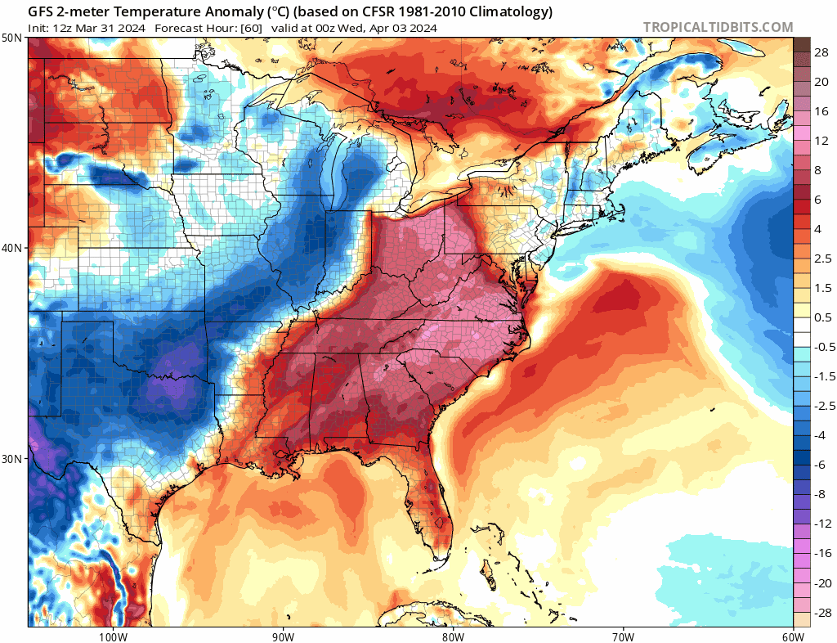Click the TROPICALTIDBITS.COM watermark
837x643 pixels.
[718, 27]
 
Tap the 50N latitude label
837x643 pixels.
[12, 38]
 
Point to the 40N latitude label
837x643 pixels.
[12, 248]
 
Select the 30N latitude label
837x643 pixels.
[12, 458]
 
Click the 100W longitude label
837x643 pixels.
[112, 636]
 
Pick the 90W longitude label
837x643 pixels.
[283, 636]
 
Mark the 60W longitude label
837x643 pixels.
[793, 636]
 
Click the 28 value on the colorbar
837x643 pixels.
[821, 52]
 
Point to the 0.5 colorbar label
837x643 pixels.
[821, 317]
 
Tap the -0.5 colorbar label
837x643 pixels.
[824, 347]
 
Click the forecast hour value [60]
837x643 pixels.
[250, 28]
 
